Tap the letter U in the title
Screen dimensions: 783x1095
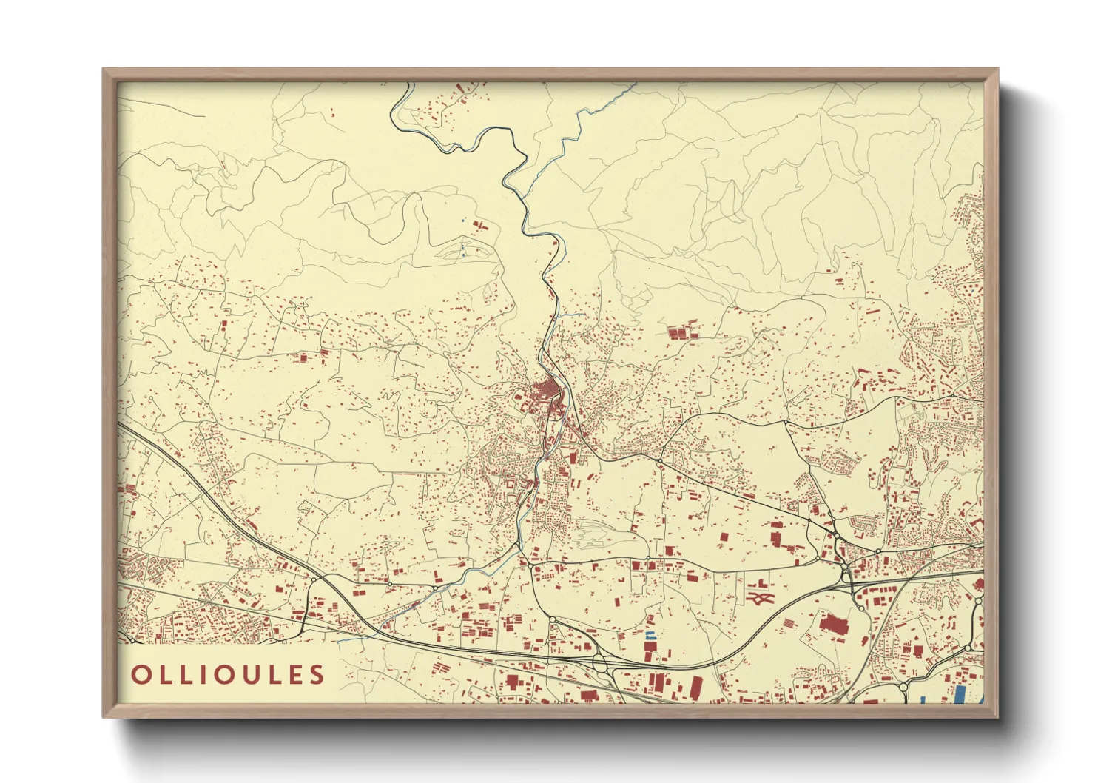(x=245, y=674)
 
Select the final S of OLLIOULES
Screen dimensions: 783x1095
(x=317, y=674)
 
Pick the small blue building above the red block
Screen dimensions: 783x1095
(x=650, y=635)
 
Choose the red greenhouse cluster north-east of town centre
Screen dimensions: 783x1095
(x=682, y=331)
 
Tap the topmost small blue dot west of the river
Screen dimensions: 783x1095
(x=463, y=220)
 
